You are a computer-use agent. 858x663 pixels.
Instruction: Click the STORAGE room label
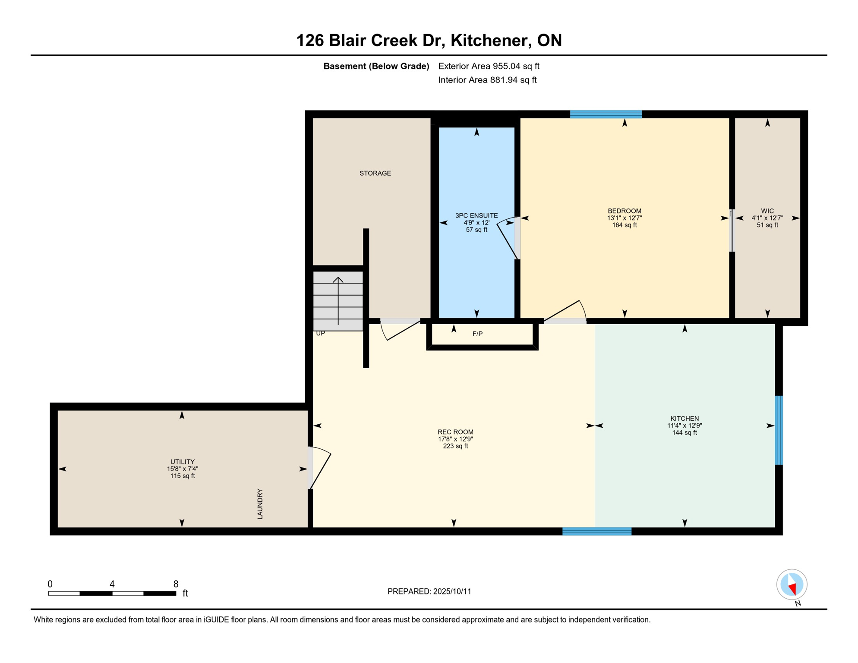click(x=375, y=173)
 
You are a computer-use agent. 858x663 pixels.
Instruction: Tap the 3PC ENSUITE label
click(x=476, y=215)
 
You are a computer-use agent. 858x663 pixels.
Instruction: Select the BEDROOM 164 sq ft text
click(x=624, y=225)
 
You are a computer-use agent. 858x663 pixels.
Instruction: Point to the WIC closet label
click(x=767, y=212)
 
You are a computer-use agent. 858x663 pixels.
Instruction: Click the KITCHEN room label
click(x=685, y=418)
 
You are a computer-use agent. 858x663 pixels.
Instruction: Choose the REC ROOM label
click(x=455, y=432)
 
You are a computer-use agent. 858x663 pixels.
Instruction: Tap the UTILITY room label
click(x=182, y=462)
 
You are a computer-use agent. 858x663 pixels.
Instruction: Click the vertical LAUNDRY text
click(x=260, y=504)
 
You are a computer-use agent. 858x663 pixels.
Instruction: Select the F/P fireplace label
click(x=477, y=334)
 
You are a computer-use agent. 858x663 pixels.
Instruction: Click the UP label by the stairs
click(x=320, y=334)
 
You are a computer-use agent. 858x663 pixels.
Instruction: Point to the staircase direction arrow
click(x=338, y=300)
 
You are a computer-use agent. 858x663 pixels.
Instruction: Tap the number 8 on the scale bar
click(x=176, y=584)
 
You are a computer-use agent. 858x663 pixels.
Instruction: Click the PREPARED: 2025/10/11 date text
click(x=429, y=591)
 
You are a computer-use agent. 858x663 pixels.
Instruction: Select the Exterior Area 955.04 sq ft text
click(x=489, y=66)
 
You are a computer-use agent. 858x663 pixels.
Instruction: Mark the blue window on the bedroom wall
click(x=606, y=114)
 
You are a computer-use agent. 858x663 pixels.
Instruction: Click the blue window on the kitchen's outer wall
click(x=779, y=430)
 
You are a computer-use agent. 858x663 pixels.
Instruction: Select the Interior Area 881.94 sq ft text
click(x=487, y=80)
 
